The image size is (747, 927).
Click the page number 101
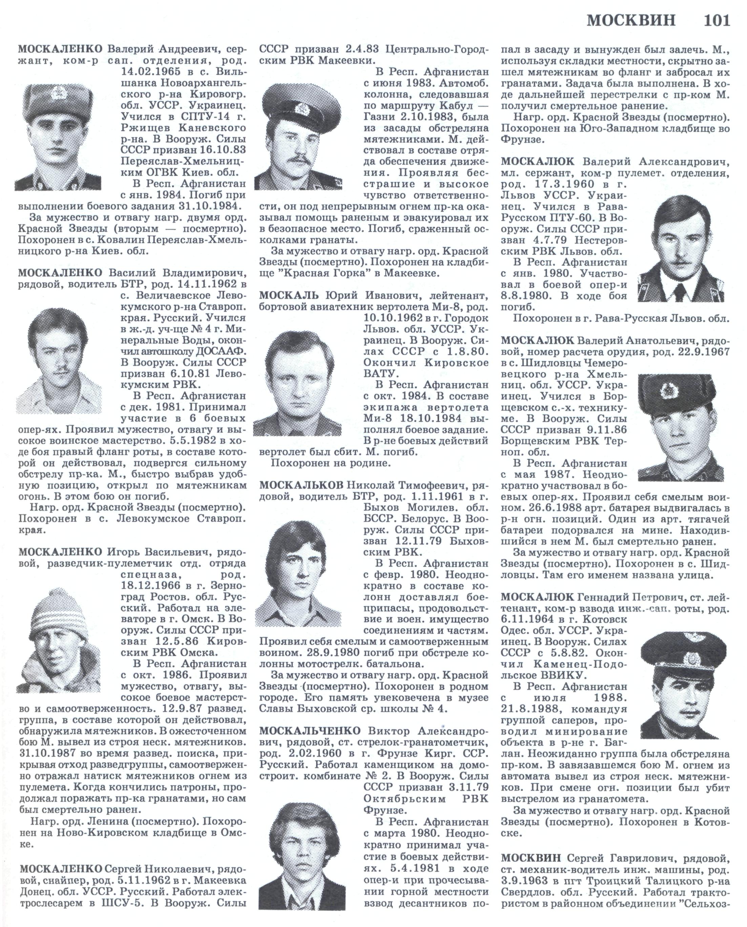717,20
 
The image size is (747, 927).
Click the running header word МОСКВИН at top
631,20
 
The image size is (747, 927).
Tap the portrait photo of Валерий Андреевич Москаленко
58,137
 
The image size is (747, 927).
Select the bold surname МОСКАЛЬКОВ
301,485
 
